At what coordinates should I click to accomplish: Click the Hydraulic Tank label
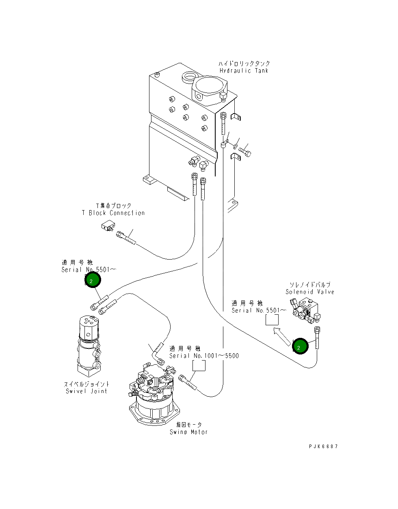pyautogui.click(x=244, y=71)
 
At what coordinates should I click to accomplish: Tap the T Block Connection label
pyautogui.click(x=113, y=213)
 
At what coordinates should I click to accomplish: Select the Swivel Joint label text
pyautogui.click(x=87, y=391)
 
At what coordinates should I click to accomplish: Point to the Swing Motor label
pyautogui.click(x=188, y=432)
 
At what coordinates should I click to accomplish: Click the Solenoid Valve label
pyautogui.click(x=309, y=292)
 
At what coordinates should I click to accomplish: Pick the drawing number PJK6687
pyautogui.click(x=323, y=447)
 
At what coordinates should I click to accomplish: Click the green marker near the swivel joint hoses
pyautogui.click(x=92, y=280)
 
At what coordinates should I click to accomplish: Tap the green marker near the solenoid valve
pyautogui.click(x=300, y=347)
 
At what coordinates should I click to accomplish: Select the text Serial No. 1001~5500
pyautogui.click(x=204, y=356)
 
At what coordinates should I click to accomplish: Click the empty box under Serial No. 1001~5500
pyautogui.click(x=199, y=365)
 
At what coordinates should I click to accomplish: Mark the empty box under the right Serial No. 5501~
pyautogui.click(x=272, y=320)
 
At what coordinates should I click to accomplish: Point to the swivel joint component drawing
pyautogui.click(x=89, y=345)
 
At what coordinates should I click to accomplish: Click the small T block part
pyautogui.click(x=108, y=225)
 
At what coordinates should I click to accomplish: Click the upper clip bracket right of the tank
pyautogui.click(x=236, y=118)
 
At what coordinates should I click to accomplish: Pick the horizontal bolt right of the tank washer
pyautogui.click(x=245, y=152)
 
